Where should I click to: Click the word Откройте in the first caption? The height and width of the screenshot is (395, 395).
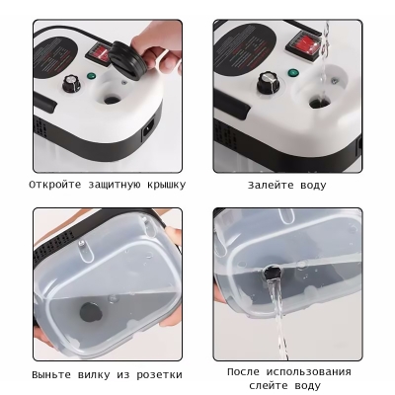point(54,184)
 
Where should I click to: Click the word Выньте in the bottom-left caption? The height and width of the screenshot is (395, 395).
point(50,374)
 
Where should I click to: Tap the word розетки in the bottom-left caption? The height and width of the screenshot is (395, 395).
point(156,374)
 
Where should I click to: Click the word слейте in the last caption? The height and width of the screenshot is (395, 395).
point(268,385)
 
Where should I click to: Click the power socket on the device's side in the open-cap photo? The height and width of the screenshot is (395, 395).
point(148,127)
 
